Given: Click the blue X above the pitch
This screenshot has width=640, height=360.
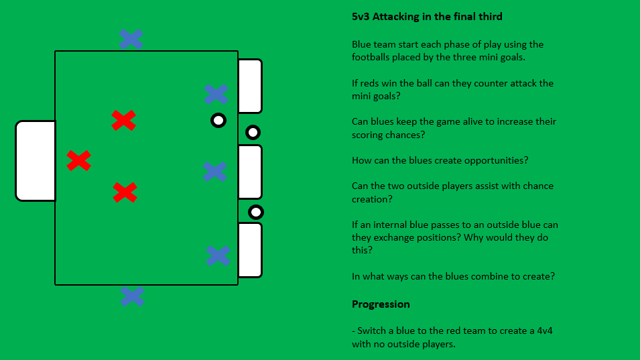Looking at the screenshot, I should coord(131,39).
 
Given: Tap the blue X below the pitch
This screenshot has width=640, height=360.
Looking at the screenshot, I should coord(132,296).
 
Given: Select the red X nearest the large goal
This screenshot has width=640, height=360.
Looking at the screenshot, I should coord(78,160).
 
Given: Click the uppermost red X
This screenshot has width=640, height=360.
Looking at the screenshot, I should coord(123,121).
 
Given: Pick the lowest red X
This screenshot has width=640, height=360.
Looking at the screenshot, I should coord(125,192).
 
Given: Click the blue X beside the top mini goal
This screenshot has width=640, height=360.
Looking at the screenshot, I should coord(216,94).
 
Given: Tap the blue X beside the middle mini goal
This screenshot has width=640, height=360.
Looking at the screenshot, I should coord(214,172).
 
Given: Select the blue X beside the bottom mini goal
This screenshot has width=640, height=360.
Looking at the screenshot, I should coord(218,255).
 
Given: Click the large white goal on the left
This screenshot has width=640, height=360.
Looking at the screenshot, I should coord(36,161).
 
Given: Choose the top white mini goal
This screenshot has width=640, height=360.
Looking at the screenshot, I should coord(249,86).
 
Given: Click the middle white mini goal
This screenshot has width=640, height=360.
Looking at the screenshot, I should coord(249,172).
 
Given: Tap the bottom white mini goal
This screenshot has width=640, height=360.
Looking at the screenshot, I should coord(249,250).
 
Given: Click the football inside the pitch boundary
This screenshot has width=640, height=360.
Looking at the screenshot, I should coord(218,121).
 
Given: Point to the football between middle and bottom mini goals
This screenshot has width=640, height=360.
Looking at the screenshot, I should coord(256,213).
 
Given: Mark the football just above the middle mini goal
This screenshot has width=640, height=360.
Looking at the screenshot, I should coord(253,132).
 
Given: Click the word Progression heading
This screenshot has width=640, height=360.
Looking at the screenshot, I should coord(381,304).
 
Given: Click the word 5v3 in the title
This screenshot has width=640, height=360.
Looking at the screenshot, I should coord(363,17).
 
